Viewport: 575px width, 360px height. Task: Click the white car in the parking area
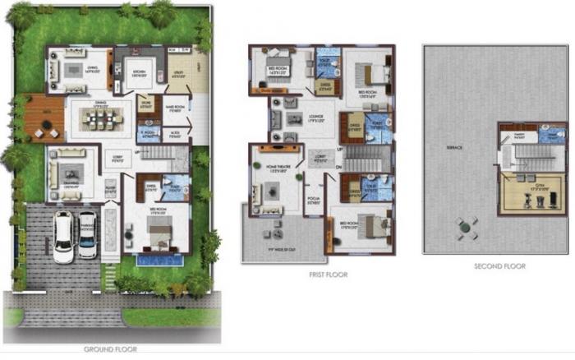pyautogui.click(x=63, y=237)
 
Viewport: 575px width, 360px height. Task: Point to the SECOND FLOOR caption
pyautogui.click(x=499, y=266)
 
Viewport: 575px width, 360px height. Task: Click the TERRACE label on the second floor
pyautogui.click(x=454, y=147)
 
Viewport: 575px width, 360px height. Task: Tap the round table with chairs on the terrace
pyautogui.click(x=467, y=228)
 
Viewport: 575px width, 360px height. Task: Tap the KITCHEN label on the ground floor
pyautogui.click(x=140, y=72)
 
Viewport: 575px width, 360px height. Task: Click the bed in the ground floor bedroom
pyautogui.click(x=158, y=238)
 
